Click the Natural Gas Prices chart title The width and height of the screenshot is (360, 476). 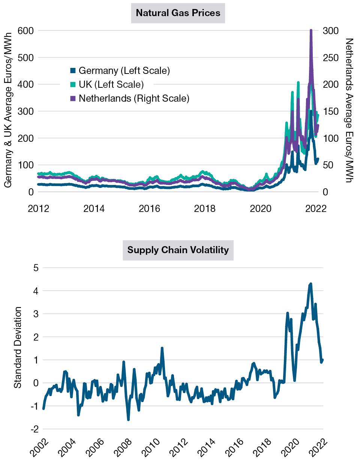point(178,13)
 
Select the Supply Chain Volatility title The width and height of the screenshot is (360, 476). point(178,250)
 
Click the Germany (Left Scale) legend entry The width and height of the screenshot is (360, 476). point(124,71)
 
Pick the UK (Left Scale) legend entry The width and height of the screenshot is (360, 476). point(111,84)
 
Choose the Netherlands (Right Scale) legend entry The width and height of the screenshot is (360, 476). point(133,98)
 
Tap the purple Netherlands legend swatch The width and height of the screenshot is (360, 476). point(73,98)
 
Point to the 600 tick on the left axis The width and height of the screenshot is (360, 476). point(25,31)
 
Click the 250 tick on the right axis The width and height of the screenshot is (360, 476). point(330,58)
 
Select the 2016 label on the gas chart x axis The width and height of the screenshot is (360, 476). point(149,209)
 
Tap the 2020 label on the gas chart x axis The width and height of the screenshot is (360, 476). point(260,209)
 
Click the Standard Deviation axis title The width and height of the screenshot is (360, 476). point(18,347)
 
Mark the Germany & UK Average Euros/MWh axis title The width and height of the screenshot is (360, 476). point(8,110)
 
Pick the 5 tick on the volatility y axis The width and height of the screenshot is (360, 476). point(36,268)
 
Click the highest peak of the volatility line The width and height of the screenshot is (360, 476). point(310,284)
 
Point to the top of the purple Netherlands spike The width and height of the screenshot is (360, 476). point(311,30)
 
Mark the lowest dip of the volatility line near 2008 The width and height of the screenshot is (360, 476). point(128,419)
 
